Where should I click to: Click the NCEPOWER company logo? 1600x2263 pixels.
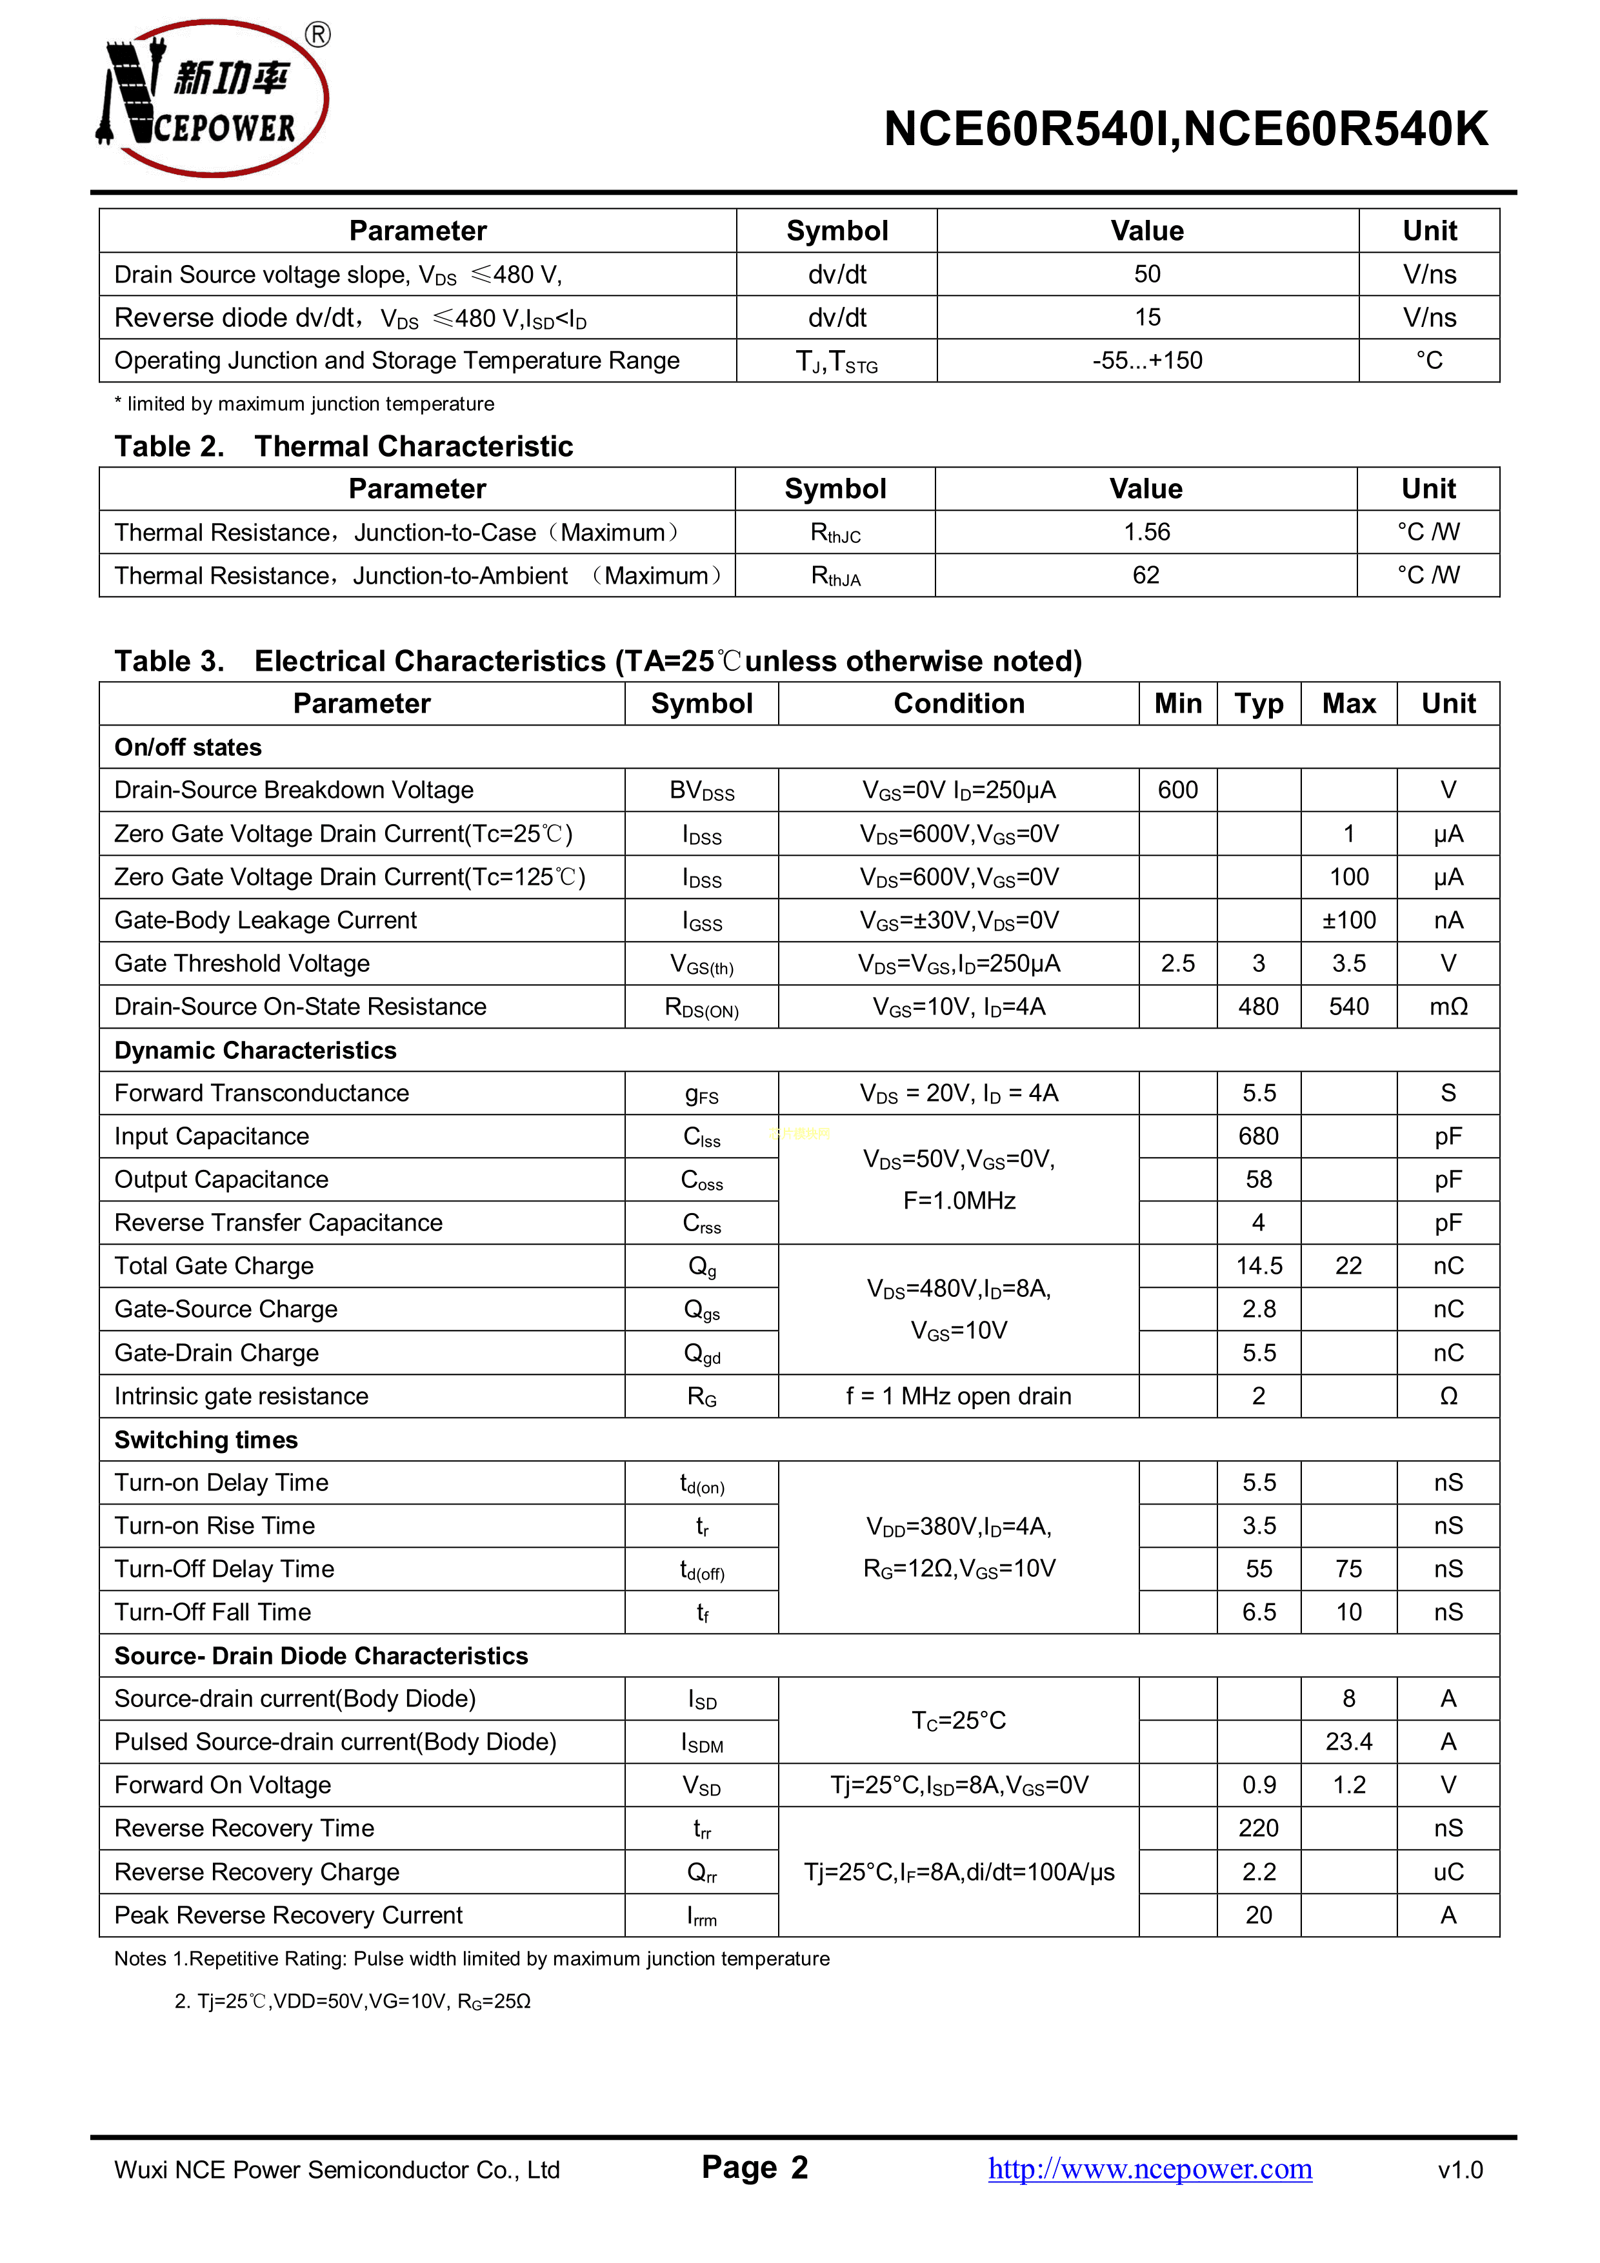pyautogui.click(x=213, y=99)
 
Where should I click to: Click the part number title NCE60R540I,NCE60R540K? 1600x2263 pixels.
pyautogui.click(x=1185, y=129)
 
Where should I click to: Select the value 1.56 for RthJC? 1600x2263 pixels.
pyautogui.click(x=1146, y=532)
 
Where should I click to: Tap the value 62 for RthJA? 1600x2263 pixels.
pyautogui.click(x=1146, y=576)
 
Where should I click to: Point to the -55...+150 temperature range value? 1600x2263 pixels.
pyautogui.click(x=1146, y=361)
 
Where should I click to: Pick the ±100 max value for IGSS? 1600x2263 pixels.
pyautogui.click(x=1348, y=920)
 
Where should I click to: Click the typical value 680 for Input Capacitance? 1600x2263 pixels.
pyautogui.click(x=1258, y=1136)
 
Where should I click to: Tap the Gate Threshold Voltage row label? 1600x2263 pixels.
pyautogui.click(x=243, y=964)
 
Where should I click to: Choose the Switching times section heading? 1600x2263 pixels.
pyautogui.click(x=206, y=1440)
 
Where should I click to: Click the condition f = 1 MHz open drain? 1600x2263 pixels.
pyautogui.click(x=958, y=1397)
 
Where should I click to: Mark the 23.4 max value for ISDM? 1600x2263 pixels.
pyautogui.click(x=1348, y=1743)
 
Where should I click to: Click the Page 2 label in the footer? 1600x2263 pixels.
pyautogui.click(x=754, y=2168)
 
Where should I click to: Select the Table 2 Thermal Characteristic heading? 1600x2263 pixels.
pyautogui.click(x=343, y=446)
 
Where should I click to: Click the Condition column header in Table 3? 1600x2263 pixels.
pyautogui.click(x=958, y=704)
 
